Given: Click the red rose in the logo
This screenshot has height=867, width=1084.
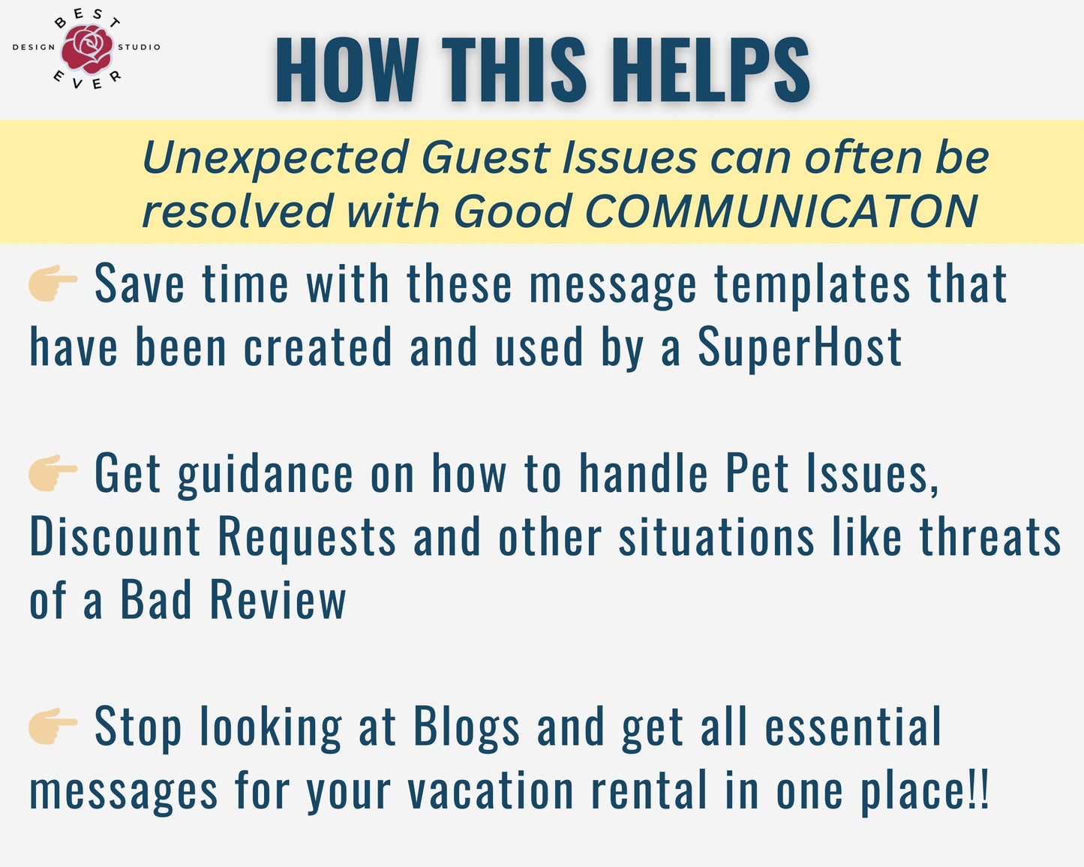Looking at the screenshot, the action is click(x=87, y=49).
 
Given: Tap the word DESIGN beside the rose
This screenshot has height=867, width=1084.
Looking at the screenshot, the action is click(x=34, y=47).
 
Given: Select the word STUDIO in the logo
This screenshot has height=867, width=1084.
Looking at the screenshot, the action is click(x=139, y=47).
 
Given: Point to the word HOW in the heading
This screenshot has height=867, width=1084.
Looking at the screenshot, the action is click(x=347, y=70).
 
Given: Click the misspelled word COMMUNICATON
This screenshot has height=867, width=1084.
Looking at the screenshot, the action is click(x=781, y=211).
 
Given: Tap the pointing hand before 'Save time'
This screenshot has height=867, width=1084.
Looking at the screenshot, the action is click(x=53, y=283).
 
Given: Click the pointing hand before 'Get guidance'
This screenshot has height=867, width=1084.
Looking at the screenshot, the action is click(x=53, y=473).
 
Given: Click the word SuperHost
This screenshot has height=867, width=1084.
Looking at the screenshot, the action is click(x=800, y=346).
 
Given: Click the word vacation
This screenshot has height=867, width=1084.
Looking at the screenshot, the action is click(x=490, y=790).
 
